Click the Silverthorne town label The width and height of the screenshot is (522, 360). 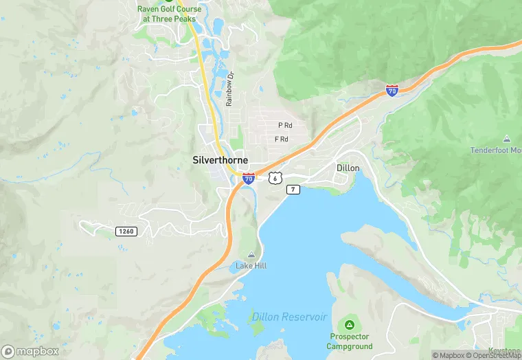(x=220, y=160)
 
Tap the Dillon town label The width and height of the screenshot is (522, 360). (x=348, y=167)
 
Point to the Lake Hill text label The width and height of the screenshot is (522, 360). (x=251, y=266)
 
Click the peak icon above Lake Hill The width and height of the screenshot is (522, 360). (x=251, y=255)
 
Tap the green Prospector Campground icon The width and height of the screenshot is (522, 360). (x=350, y=324)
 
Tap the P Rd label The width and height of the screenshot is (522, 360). (x=285, y=125)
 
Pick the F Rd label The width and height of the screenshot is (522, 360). (x=281, y=139)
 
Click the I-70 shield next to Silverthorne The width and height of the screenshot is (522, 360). (x=249, y=179)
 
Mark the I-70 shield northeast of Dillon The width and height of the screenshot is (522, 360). (x=391, y=91)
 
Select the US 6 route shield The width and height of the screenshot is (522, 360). (x=275, y=177)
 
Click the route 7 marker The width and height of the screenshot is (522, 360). (x=293, y=189)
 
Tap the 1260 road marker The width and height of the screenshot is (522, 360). (x=126, y=232)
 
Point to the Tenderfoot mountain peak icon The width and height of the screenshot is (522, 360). (x=507, y=139)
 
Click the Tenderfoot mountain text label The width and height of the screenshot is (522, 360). (x=495, y=150)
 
